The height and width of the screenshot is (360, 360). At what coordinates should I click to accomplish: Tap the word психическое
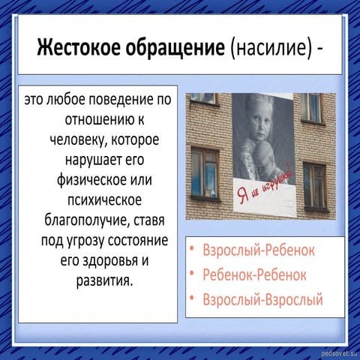[x=99, y=201]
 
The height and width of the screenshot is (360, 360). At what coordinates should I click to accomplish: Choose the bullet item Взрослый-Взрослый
[x=262, y=300]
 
